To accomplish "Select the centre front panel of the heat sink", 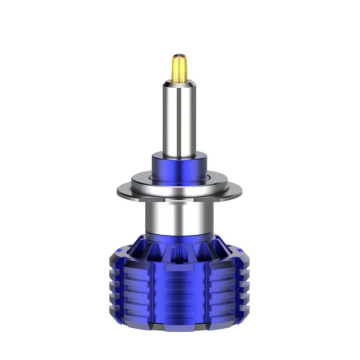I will click(181, 285).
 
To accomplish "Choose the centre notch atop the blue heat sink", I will click(181, 241).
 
